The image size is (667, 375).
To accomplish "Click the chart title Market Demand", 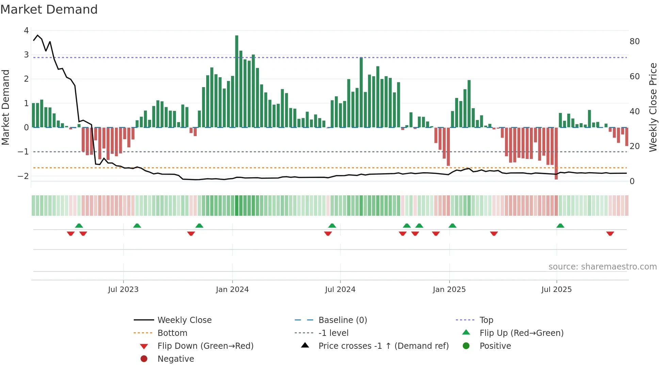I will click(49, 10).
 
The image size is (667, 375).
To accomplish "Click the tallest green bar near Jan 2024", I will click(237, 82).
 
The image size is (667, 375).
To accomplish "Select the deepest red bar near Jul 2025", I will click(556, 153).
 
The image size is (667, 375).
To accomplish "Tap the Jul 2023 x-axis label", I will click(123, 290).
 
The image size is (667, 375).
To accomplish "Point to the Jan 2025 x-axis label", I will click(449, 290).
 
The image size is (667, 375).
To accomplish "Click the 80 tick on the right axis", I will click(634, 42).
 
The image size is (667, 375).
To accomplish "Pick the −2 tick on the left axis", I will click(23, 176).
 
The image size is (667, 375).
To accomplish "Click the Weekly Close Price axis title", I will click(653, 107).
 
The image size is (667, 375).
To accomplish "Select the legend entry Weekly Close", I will click(184, 320).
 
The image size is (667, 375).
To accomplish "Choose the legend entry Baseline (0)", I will click(342, 320).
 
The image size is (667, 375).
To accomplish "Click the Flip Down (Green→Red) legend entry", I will click(205, 346).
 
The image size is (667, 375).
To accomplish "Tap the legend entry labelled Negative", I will click(176, 359).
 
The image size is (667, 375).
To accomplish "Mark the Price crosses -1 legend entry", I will click(383, 346).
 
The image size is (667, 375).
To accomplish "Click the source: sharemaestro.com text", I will click(602, 267).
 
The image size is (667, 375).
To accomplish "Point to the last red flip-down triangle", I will click(610, 233).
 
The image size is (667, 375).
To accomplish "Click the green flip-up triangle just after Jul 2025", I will click(560, 226).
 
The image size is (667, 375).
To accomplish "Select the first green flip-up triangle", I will click(79, 226).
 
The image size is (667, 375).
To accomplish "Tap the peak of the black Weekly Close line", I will click(37, 35).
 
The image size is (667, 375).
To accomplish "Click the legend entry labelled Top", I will click(486, 320).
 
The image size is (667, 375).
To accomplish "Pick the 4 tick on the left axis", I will click(26, 31).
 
